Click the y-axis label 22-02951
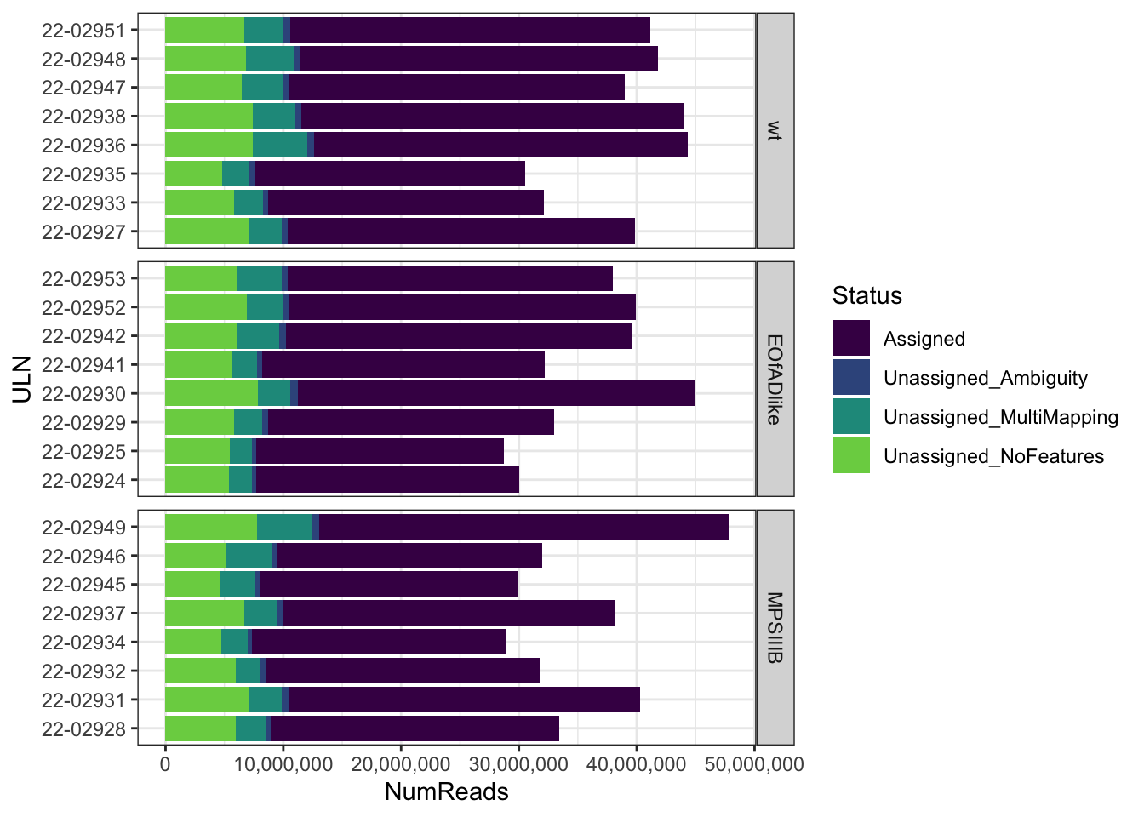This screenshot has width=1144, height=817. click(83, 31)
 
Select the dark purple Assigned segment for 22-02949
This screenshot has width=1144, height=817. click(523, 527)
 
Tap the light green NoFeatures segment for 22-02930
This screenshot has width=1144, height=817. click(211, 393)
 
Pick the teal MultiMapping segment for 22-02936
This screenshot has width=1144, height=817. click(280, 145)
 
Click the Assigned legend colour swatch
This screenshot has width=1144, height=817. click(851, 339)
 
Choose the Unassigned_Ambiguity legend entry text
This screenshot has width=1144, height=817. click(986, 378)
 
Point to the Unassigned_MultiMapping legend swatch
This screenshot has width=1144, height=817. click(851, 417)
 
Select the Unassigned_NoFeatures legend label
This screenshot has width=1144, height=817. click(993, 456)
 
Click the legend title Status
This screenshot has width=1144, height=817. click(867, 295)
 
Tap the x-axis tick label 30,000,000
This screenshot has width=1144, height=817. click(518, 763)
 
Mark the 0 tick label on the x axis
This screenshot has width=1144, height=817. click(165, 763)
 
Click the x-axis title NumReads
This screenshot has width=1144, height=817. click(446, 792)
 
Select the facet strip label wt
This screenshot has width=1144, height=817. click(775, 130)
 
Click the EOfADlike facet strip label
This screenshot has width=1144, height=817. click(775, 379)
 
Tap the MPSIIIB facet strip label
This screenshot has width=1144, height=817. click(775, 627)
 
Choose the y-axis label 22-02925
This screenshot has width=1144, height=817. click(83, 451)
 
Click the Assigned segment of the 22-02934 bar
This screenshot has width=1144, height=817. click(379, 642)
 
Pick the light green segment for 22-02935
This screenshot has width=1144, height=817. click(193, 174)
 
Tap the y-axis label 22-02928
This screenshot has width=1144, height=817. click(83, 728)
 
